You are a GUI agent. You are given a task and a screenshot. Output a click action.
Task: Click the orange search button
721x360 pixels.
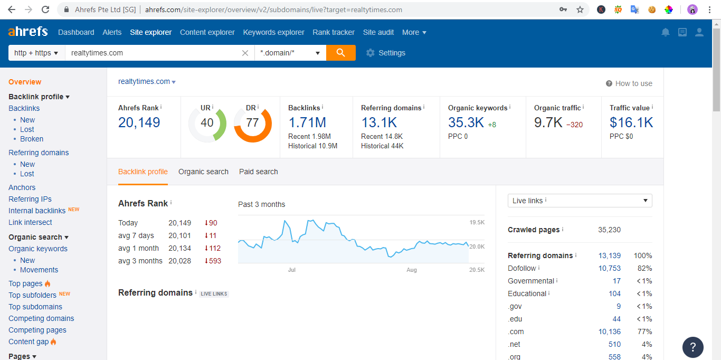pyautogui.click(x=340, y=53)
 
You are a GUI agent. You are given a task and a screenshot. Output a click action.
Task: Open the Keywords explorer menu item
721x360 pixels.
pyautogui.click(x=273, y=32)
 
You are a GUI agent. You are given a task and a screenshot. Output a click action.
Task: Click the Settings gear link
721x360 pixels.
pyautogui.click(x=386, y=53)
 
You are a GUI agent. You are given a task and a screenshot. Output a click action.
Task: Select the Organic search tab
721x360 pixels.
pyautogui.click(x=203, y=172)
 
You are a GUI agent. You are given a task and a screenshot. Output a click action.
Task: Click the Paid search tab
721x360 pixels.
pyautogui.click(x=258, y=172)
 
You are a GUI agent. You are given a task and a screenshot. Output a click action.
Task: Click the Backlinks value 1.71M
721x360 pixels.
pyautogui.click(x=307, y=122)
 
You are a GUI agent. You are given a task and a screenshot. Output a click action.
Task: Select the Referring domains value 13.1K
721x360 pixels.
pyautogui.click(x=378, y=122)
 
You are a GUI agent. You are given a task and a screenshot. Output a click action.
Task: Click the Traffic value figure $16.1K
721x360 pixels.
pyautogui.click(x=631, y=122)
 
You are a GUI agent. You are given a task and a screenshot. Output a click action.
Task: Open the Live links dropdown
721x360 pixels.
pyautogui.click(x=580, y=201)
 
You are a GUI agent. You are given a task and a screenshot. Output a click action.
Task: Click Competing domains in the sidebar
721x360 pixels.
pyautogui.click(x=41, y=318)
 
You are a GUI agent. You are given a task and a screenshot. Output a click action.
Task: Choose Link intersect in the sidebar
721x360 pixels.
pyautogui.click(x=30, y=222)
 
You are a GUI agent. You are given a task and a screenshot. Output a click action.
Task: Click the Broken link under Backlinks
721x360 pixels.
pyautogui.click(x=32, y=139)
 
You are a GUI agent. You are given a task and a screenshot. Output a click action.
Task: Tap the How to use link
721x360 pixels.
pyautogui.click(x=629, y=83)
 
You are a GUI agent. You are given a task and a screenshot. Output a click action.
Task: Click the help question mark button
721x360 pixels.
pyautogui.click(x=692, y=347)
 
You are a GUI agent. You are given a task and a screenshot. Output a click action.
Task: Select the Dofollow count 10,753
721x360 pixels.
pyautogui.click(x=609, y=268)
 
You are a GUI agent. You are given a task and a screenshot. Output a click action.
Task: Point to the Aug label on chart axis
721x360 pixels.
pyautogui.click(x=412, y=270)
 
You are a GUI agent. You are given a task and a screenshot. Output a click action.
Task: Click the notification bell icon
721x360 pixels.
pyautogui.click(x=666, y=32)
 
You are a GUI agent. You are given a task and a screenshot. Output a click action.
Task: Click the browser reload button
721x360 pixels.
pyautogui.click(x=45, y=10)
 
